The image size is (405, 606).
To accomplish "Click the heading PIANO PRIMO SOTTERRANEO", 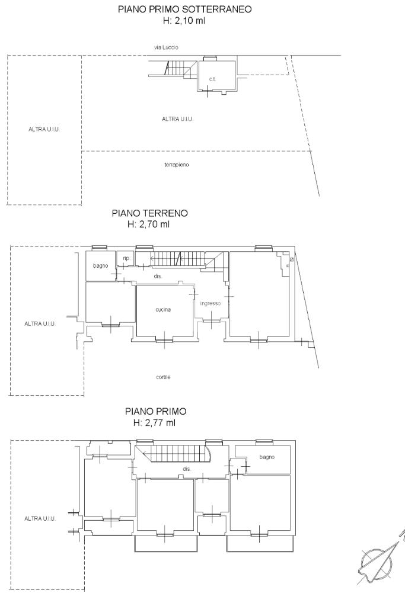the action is click(x=185, y=9).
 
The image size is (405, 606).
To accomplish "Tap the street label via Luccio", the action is click(x=167, y=47).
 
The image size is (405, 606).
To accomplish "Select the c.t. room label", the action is click(x=212, y=79).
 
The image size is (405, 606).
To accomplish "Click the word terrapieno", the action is click(x=176, y=165).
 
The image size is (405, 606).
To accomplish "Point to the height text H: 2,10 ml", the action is click(x=184, y=21).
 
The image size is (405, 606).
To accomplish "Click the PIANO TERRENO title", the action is click(x=149, y=213).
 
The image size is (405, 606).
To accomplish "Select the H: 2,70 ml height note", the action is click(x=148, y=224).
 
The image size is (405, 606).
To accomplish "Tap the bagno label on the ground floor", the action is click(x=101, y=266).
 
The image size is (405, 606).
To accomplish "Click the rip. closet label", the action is click(x=126, y=258).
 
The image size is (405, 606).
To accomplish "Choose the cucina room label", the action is click(x=163, y=310).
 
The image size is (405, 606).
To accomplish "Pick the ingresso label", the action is click(x=211, y=303).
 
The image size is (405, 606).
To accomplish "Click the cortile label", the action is click(x=163, y=377).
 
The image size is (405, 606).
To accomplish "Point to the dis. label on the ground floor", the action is click(x=158, y=276).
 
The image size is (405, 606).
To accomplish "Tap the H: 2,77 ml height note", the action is click(x=154, y=422).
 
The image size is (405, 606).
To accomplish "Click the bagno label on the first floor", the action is click(x=267, y=457).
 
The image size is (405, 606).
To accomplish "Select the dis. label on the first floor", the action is click(x=187, y=469).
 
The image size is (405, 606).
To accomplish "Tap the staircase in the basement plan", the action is click(x=178, y=68).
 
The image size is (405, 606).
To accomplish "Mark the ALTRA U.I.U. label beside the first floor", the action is click(x=40, y=519).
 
